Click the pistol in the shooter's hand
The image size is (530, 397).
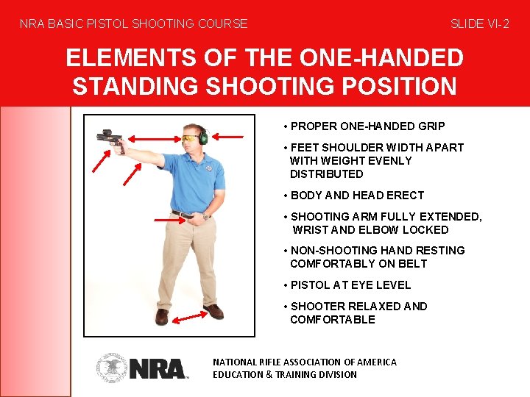(110, 137)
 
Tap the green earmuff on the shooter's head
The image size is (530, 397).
(202, 135)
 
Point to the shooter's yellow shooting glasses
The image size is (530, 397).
(190, 138)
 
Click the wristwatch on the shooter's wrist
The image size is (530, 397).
(207, 215)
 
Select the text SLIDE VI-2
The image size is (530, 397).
(479, 24)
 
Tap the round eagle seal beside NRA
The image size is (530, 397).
(112, 368)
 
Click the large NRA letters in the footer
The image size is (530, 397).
(158, 368)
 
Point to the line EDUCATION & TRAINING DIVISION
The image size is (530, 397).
(284, 374)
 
